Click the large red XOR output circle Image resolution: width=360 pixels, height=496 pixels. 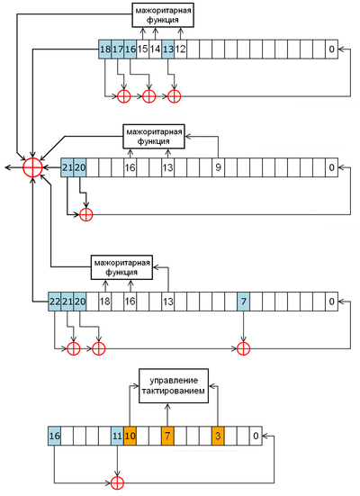tap(32, 167)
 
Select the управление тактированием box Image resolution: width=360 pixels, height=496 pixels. tap(174, 385)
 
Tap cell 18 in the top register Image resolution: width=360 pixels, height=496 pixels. tap(104, 49)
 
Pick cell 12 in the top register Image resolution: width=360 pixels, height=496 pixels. tap(180, 49)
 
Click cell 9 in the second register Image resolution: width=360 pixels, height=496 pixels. tap(218, 167)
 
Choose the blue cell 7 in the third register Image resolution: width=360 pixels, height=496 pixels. tap(243, 302)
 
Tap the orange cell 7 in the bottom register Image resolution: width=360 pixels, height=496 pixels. tap(167, 436)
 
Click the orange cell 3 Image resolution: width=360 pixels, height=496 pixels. tap(218, 436)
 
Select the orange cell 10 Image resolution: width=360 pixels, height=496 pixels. tap(130, 436)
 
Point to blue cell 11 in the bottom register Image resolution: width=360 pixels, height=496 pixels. tap(117, 436)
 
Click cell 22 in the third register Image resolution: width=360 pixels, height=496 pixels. tap(54, 302)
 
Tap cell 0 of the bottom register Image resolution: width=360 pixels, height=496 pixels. tap(256, 436)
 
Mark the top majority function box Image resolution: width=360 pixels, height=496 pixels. tap(163, 15)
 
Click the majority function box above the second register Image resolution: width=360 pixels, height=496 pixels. tap(153, 136)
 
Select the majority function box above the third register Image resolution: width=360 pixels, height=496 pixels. tap(121, 267)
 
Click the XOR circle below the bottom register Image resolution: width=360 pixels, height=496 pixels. tap(117, 483)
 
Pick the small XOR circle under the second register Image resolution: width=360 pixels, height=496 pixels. tap(85, 215)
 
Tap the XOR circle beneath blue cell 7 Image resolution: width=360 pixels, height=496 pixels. tap(243, 349)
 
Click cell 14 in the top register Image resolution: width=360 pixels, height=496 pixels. tap(155, 49)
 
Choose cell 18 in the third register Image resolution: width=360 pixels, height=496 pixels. tap(104, 302)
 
